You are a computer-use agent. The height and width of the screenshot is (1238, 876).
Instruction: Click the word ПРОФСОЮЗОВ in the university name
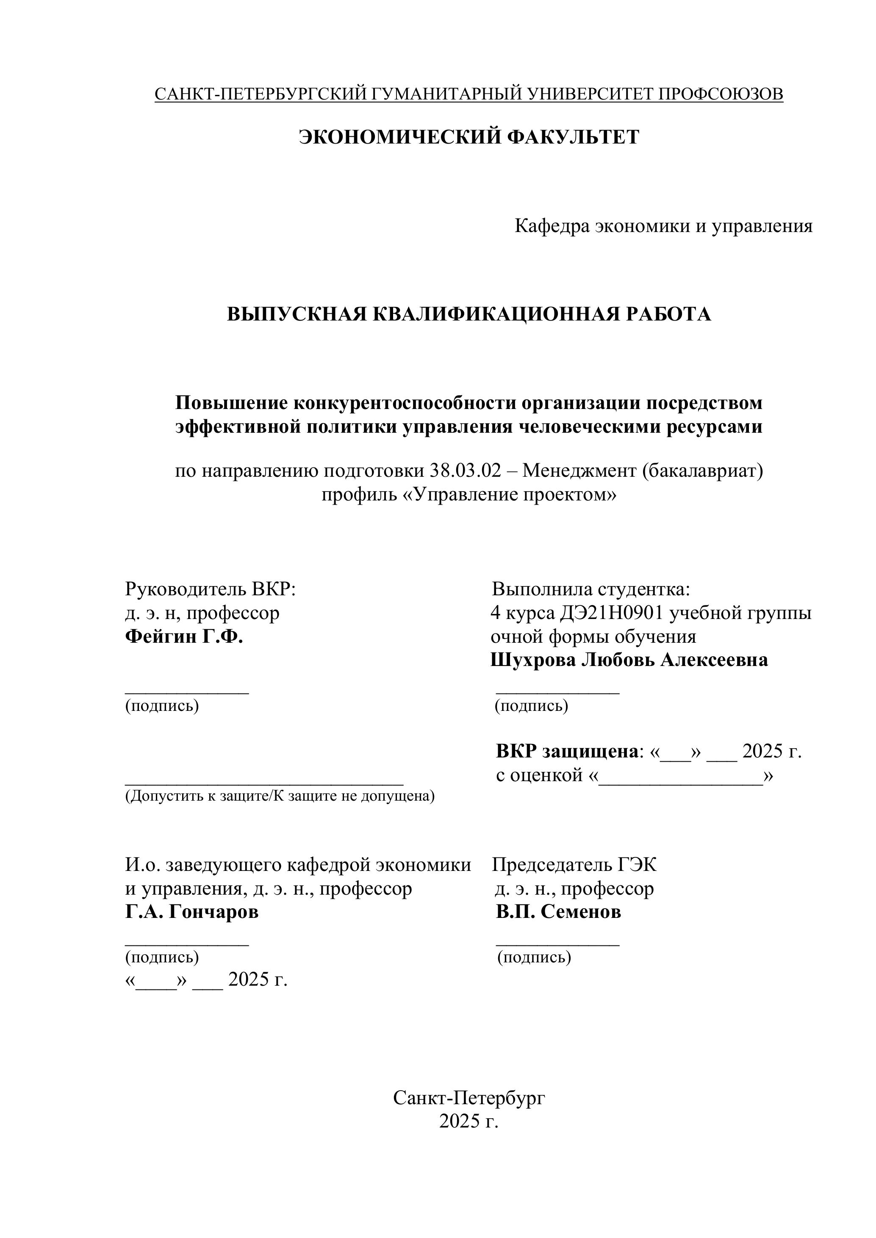click(721, 94)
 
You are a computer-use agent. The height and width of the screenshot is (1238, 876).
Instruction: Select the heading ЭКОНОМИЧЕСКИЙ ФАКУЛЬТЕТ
click(469, 137)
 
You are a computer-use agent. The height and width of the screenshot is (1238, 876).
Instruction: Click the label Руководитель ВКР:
click(211, 589)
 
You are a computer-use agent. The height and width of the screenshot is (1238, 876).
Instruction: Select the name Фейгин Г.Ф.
click(184, 637)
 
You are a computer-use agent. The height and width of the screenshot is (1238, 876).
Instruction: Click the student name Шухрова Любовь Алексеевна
click(629, 660)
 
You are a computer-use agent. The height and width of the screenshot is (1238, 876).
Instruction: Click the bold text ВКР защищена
click(567, 751)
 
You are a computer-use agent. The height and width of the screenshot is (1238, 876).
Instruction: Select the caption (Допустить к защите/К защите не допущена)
click(280, 796)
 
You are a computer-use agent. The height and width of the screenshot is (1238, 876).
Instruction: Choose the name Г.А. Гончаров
click(192, 912)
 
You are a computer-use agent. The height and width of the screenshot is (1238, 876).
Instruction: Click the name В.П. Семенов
click(558, 912)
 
